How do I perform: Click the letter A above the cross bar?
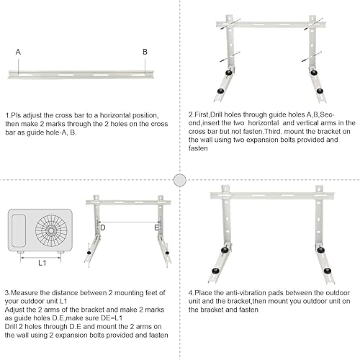17,52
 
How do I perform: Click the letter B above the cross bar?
145,52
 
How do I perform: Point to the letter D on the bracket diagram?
103,228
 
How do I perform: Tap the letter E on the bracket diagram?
156,228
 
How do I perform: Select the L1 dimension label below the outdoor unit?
42,263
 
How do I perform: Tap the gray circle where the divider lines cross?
180,179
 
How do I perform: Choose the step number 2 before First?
190,114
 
